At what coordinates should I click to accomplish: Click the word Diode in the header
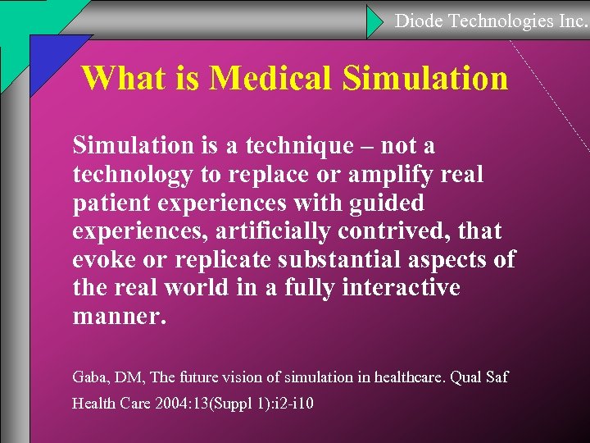click(x=419, y=21)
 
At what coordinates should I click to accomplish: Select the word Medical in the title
click(x=271, y=79)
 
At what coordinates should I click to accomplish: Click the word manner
click(x=120, y=317)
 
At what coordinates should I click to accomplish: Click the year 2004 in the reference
click(x=182, y=404)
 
